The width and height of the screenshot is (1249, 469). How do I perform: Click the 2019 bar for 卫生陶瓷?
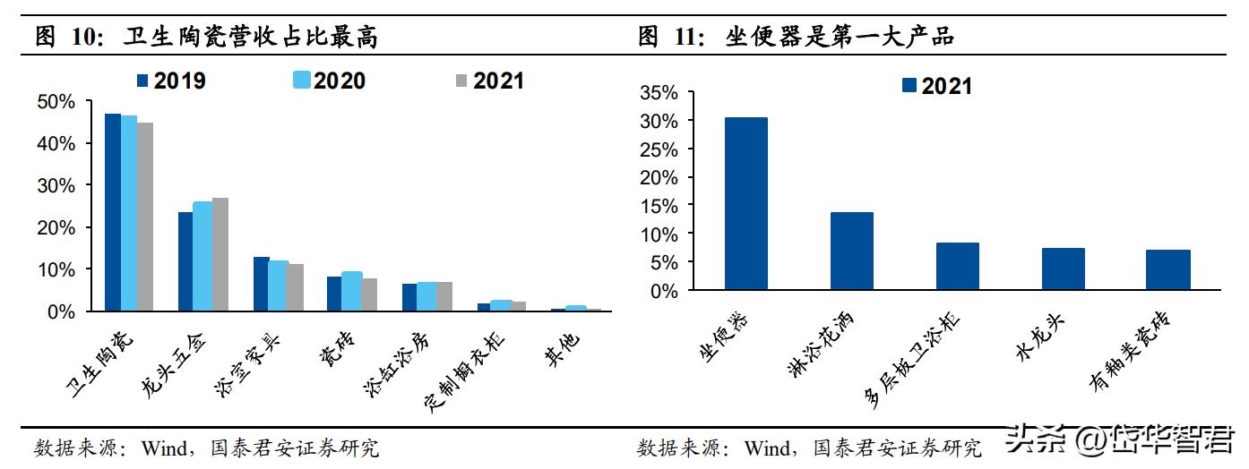[113, 213]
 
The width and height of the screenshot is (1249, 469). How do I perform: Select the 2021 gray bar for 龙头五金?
[220, 255]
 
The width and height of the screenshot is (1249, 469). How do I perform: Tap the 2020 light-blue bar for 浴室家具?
[278, 286]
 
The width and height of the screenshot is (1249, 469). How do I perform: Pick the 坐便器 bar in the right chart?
[745, 204]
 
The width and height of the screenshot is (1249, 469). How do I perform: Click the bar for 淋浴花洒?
[851, 252]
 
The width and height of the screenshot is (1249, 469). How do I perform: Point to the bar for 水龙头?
[1063, 269]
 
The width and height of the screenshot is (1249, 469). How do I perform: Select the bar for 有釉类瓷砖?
[1168, 270]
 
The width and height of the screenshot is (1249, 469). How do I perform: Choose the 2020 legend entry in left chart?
[330, 81]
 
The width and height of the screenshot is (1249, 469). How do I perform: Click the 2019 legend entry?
[171, 81]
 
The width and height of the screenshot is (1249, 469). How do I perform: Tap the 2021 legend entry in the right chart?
[936, 86]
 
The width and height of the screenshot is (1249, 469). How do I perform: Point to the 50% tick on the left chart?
[56, 102]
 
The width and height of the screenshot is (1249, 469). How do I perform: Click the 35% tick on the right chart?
[659, 92]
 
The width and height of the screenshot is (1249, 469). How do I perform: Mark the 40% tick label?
[56, 143]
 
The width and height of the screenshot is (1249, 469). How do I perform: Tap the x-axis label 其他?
[562, 344]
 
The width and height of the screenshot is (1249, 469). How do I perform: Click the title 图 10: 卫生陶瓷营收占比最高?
[206, 38]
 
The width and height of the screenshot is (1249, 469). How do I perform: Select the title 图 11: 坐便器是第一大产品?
[797, 38]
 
